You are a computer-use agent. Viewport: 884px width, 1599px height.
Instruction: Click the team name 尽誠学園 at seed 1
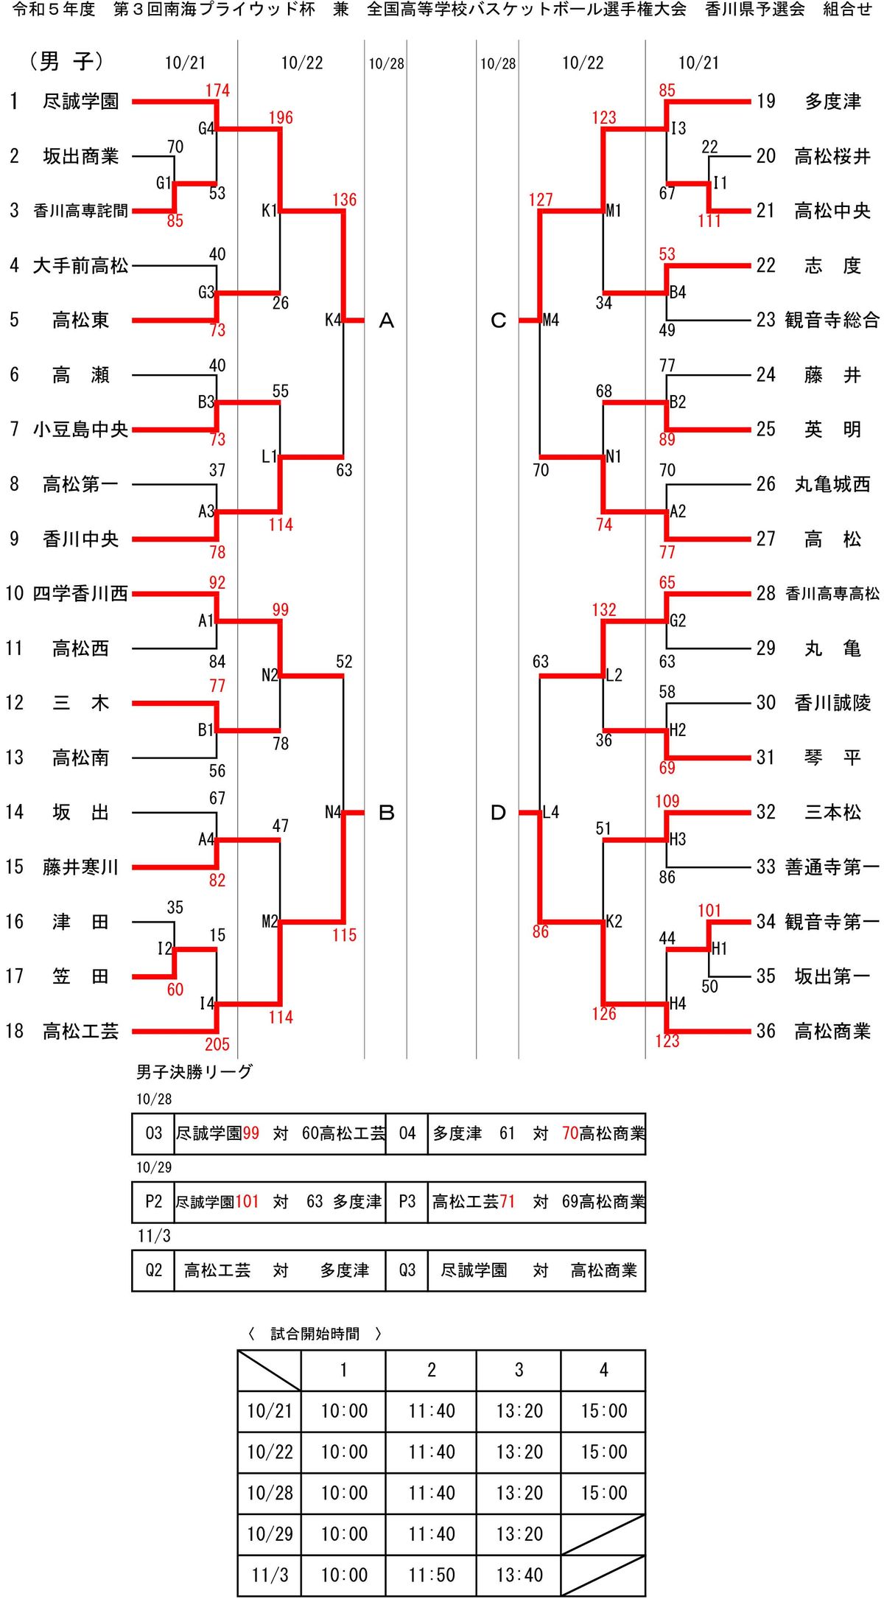[x=80, y=101]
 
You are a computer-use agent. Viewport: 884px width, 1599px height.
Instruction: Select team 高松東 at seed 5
[x=80, y=320]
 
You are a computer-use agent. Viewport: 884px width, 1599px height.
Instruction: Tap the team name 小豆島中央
[x=80, y=429]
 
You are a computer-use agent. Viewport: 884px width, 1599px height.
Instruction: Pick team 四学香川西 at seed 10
[x=80, y=593]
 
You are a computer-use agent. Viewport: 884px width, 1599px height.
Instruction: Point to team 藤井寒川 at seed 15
[x=80, y=867]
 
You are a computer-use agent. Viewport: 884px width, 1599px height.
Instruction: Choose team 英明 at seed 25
[x=832, y=429]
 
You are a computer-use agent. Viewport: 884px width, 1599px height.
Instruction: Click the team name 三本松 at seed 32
[x=832, y=812]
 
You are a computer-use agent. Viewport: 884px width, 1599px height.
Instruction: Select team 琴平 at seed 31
[x=832, y=757]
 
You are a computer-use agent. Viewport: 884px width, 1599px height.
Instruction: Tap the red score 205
[x=217, y=1044]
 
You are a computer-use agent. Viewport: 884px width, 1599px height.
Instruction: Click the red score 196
[x=281, y=118]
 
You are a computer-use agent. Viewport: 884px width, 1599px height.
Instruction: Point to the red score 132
[x=604, y=610]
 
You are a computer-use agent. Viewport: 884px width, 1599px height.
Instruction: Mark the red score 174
[x=217, y=91]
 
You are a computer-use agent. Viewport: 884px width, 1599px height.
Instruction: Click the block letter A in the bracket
[x=387, y=321]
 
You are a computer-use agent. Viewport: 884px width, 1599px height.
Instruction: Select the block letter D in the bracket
[x=499, y=813]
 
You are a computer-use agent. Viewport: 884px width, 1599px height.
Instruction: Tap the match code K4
[x=333, y=320]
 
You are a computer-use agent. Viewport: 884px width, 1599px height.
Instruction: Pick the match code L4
[x=551, y=812]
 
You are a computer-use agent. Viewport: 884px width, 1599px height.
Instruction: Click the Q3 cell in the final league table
[x=407, y=1270]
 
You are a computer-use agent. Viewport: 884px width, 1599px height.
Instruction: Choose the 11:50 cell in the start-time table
[x=431, y=1575]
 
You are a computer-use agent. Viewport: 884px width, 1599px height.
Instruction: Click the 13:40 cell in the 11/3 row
[x=519, y=1575]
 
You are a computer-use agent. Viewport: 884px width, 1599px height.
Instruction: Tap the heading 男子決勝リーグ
[x=194, y=1071]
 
